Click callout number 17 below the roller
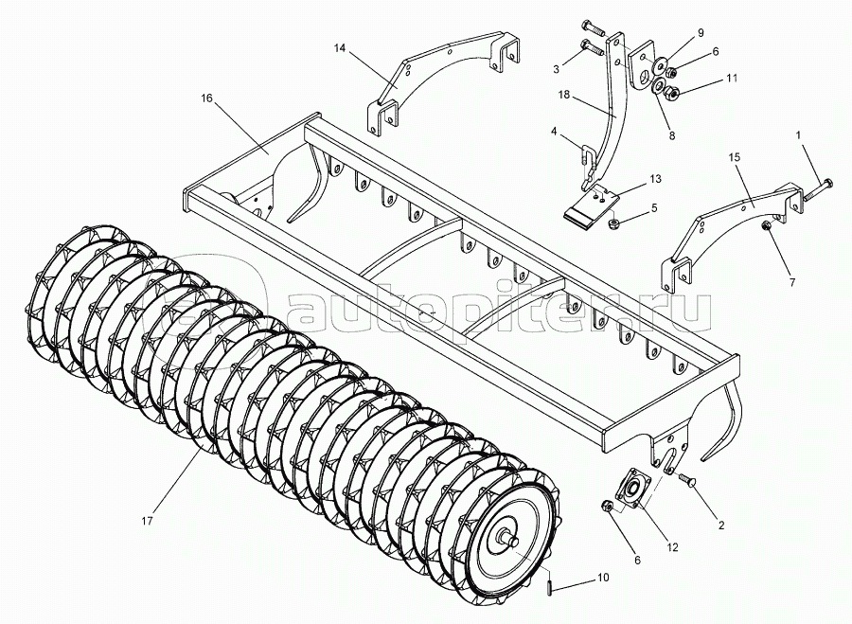pos(147,522)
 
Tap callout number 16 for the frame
pos(206,98)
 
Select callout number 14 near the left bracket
pos(340,48)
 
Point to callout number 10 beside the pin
pos(603,578)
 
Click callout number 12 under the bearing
pos(673,548)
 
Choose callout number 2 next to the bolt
pos(721,526)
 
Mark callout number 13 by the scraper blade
pos(655,179)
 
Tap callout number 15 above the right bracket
pos(735,157)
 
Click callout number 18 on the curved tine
pos(563,94)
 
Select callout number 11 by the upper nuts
pos(732,79)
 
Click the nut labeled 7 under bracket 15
pos(766,225)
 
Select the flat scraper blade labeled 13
pos(591,204)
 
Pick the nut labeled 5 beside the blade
pos(614,223)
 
